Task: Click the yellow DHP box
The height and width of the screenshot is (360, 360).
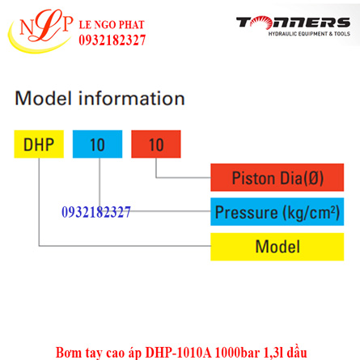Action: pyautogui.click(x=39, y=145)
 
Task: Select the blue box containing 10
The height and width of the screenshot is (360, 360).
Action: pyautogui.click(x=97, y=145)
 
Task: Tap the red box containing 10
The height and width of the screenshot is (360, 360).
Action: pyautogui.click(x=156, y=145)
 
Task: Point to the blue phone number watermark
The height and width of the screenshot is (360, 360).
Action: pyautogui.click(x=96, y=212)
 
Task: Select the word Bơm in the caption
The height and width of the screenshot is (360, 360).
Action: pyautogui.click(x=68, y=351)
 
